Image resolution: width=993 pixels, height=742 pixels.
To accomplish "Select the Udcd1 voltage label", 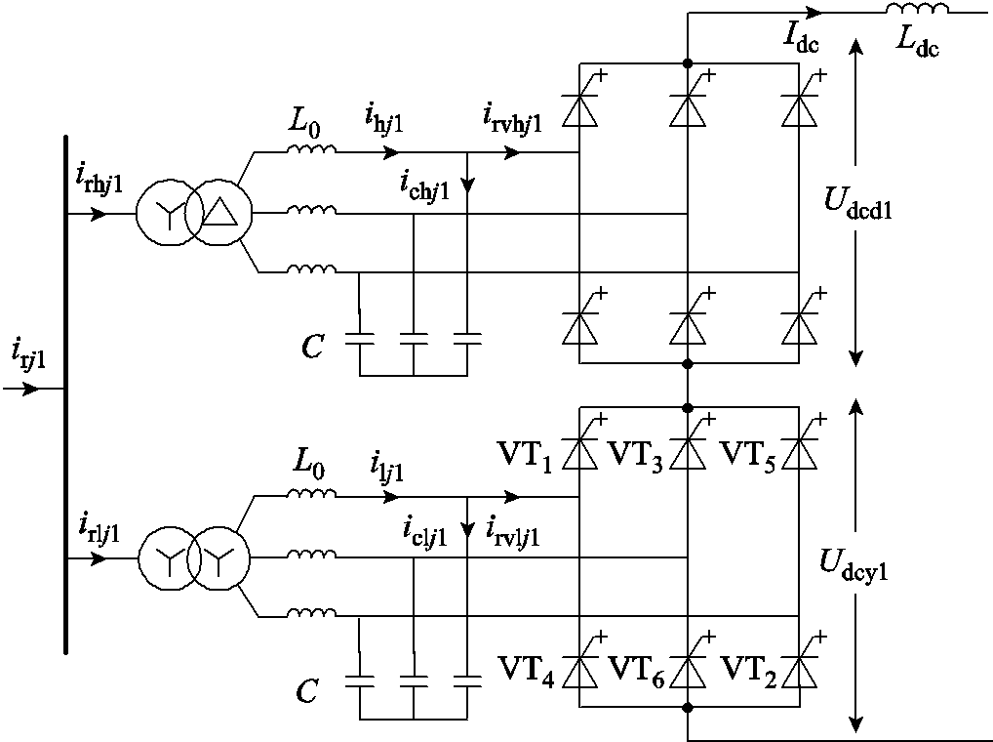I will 858,207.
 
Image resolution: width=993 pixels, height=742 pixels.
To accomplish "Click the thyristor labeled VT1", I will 582,452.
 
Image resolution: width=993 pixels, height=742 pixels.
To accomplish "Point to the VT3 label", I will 636,453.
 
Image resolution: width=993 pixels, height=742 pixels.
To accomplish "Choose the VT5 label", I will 747,453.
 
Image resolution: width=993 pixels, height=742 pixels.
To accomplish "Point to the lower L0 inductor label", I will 306,470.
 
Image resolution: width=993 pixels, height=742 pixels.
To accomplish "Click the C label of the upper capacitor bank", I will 312,346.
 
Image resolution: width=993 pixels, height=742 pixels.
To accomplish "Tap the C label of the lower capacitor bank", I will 307,692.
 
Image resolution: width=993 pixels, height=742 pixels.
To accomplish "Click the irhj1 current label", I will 99,180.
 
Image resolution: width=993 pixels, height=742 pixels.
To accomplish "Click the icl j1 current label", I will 425,532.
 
